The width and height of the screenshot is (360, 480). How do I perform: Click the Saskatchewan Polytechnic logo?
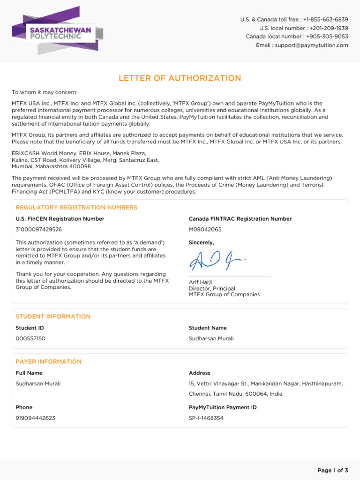click(57, 32)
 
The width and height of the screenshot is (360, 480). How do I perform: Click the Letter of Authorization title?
click(180, 78)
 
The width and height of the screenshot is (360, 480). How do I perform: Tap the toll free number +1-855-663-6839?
click(325, 19)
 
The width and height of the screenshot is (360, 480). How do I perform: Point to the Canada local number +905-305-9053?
click(327, 37)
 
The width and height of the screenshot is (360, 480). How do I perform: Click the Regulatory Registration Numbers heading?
click(76, 207)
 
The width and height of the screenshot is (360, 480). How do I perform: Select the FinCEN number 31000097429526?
click(38, 230)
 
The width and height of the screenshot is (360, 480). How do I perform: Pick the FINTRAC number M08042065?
click(205, 230)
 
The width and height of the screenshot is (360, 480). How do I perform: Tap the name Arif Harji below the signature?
click(200, 282)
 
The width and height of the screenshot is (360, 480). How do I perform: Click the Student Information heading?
click(53, 316)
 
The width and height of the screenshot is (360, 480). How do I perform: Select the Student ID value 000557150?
click(30, 338)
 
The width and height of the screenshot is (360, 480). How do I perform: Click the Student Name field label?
click(208, 328)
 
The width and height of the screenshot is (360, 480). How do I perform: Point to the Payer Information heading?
click(48, 361)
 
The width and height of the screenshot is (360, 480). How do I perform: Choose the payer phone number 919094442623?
click(35, 418)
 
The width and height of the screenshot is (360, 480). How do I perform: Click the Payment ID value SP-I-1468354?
click(206, 418)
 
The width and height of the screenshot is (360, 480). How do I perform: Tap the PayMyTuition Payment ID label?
click(223, 407)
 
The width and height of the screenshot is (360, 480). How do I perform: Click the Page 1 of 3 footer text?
click(332, 470)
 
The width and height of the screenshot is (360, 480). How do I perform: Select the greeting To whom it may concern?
click(45, 92)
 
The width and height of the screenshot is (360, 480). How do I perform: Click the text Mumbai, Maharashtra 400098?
click(51, 166)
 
